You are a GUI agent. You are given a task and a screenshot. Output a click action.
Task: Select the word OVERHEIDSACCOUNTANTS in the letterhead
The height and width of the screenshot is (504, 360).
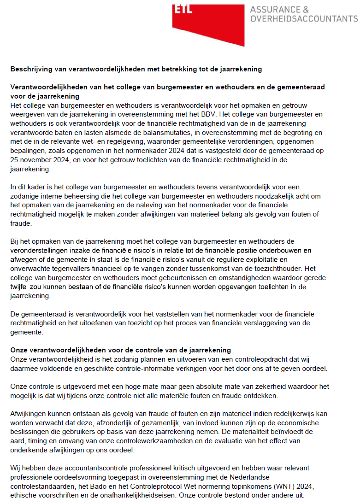point(303,19)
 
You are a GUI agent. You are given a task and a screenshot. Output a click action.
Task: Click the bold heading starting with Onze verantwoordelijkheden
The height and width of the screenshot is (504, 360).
point(121,350)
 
